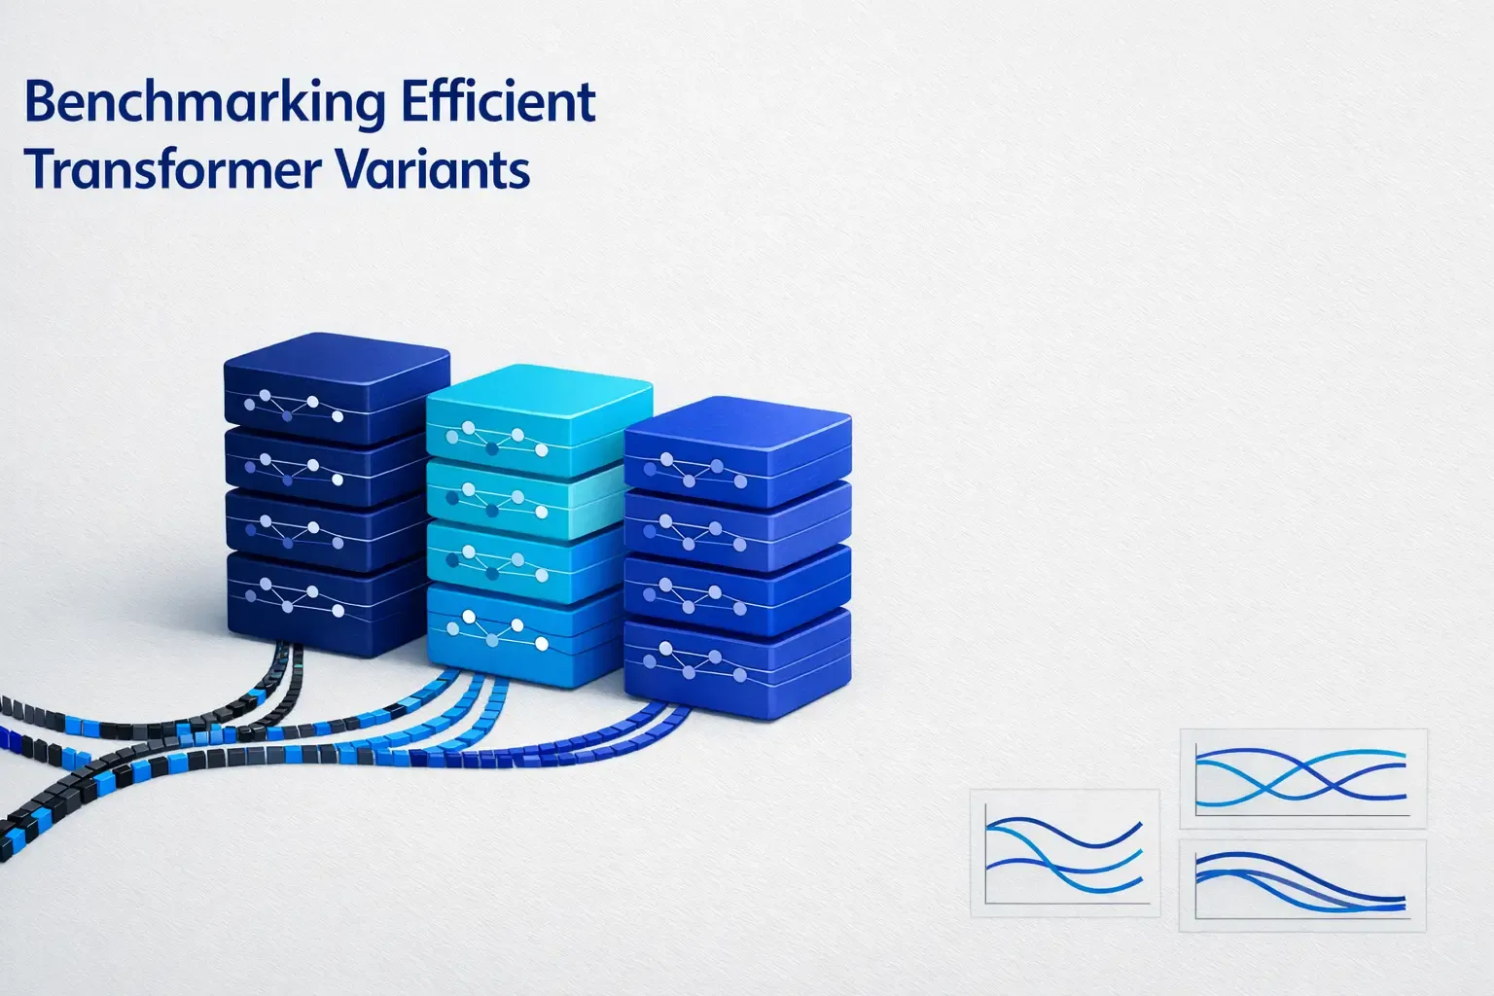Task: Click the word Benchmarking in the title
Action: (190, 103)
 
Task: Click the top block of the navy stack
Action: (336, 389)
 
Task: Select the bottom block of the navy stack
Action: (326, 603)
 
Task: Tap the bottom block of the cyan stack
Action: (525, 632)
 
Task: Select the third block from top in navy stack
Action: (326, 530)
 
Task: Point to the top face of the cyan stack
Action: (540, 389)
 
